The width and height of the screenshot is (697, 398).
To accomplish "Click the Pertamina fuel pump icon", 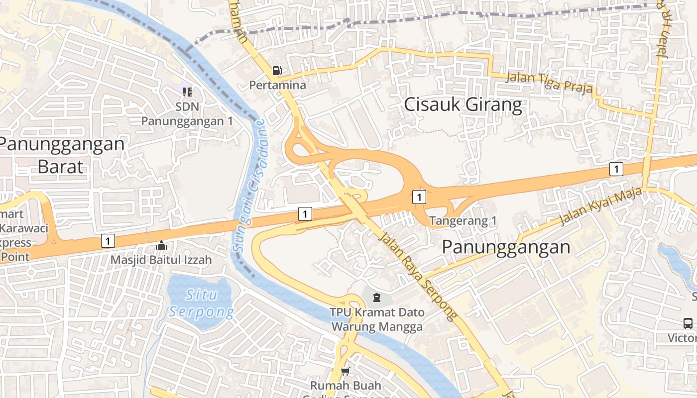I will tap(277, 71).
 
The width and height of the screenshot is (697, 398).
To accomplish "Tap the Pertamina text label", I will tap(277, 85).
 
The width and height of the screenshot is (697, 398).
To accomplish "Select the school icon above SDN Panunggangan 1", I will tap(187, 92).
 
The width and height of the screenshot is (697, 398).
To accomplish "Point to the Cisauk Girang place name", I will tap(463, 105).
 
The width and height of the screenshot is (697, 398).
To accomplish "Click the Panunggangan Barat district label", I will tap(61, 155).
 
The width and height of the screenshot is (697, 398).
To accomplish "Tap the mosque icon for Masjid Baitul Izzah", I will tap(161, 245).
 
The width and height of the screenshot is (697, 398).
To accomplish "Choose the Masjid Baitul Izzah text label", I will tap(161, 260).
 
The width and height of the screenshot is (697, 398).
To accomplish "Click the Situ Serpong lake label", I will tap(201, 303).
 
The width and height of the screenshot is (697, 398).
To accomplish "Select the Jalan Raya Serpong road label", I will tap(418, 275).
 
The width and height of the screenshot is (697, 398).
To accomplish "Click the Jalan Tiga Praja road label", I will tap(549, 83).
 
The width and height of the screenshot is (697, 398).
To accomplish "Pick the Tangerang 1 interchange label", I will tap(463, 220).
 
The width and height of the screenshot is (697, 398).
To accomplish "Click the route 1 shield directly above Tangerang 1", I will tap(419, 198).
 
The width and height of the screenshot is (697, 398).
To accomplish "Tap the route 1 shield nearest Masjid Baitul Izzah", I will tap(108, 241).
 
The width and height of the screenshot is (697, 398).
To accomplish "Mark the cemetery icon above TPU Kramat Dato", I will tap(377, 298).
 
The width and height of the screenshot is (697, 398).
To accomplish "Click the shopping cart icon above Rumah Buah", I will tap(346, 372).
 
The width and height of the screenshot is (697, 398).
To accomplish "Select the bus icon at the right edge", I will tap(688, 323).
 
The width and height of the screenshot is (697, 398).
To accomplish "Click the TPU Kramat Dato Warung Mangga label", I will tap(377, 319).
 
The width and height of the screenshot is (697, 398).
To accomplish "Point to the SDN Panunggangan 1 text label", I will tap(187, 114).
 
